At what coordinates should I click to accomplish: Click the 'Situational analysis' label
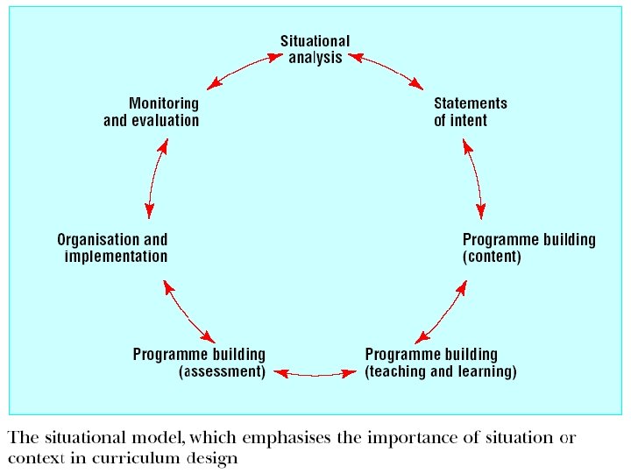coord(315,49)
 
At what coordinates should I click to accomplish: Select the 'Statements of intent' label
coord(470,111)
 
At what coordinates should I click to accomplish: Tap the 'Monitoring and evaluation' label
coord(151,111)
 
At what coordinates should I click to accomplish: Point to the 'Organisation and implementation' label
coord(112,248)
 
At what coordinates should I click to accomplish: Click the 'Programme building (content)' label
coord(528,248)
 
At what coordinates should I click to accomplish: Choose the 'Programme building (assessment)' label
coord(199,363)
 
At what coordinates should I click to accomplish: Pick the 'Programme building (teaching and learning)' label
coord(441,363)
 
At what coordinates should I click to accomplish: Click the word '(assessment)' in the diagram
coord(222,371)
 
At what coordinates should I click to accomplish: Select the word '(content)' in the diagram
coord(492,257)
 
